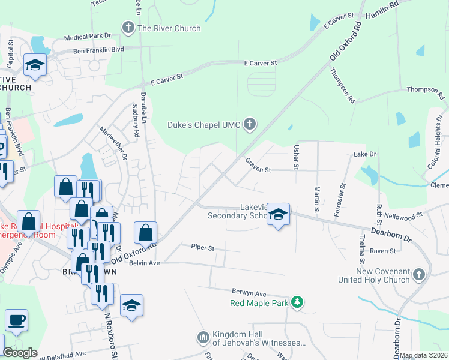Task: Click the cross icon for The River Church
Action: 128,27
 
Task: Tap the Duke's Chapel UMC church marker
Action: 250,124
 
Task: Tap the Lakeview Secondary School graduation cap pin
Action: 278,214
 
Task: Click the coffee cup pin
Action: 16,320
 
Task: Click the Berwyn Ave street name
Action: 249,293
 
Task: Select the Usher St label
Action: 295,155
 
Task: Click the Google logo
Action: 20,353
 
